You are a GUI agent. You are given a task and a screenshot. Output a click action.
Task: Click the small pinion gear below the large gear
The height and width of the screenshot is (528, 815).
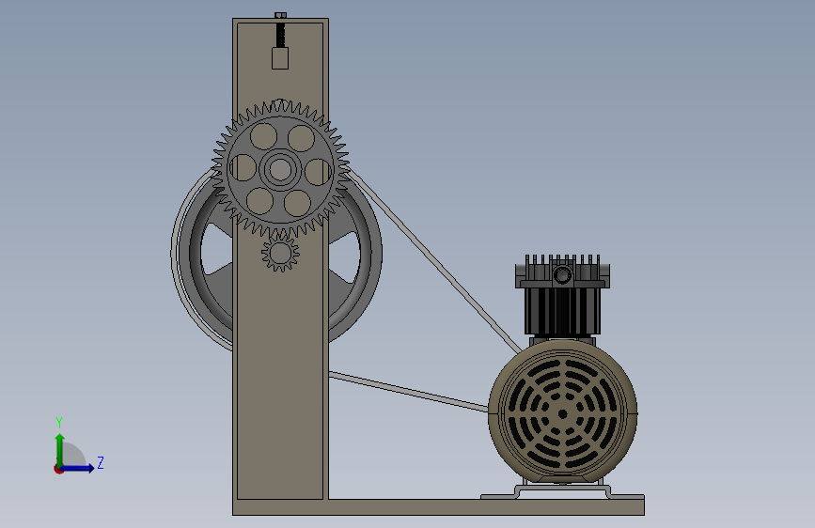coord(280,253)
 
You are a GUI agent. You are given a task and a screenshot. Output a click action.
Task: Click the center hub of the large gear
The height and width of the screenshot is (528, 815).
coord(280,169)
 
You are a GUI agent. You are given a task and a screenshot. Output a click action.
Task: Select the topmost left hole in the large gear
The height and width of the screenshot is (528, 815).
coord(263,136)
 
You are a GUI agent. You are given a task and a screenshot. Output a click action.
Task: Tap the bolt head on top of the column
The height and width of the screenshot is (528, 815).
coord(280,16)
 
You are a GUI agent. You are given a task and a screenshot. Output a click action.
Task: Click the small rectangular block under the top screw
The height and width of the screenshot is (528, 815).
coord(280,58)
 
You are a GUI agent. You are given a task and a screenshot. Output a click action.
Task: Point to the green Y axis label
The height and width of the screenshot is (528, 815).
coord(59,422)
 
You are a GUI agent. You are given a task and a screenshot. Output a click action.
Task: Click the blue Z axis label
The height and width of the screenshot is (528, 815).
coord(101,462)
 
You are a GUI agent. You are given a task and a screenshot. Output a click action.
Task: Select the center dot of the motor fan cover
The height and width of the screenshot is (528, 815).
coord(562,414)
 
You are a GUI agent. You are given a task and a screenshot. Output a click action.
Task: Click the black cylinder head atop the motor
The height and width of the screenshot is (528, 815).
coord(562,295)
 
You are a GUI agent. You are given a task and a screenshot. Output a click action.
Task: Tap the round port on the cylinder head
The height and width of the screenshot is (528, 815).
coord(562,274)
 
